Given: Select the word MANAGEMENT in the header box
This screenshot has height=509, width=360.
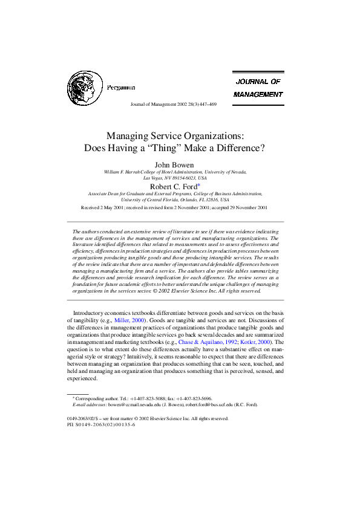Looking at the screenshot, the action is (x=258, y=94).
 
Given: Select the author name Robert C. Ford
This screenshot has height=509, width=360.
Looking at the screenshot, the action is (x=175, y=187).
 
